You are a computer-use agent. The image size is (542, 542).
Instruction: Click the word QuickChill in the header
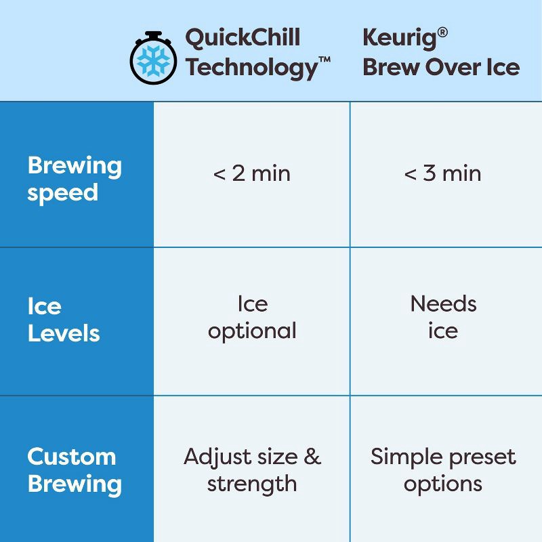tap(242, 38)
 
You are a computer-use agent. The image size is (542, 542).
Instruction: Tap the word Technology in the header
tap(250, 67)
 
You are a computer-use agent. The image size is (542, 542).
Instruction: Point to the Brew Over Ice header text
tap(441, 67)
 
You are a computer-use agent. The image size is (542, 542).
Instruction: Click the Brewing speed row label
tap(75, 179)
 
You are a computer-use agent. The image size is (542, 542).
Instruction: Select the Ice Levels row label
tap(64, 319)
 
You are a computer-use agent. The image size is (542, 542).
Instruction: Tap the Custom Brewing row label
tap(75, 470)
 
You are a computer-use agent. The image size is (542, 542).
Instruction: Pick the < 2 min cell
tap(251, 173)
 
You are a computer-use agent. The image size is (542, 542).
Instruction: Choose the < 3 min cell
tap(442, 173)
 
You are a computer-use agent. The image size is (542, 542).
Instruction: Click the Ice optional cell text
tap(252, 317)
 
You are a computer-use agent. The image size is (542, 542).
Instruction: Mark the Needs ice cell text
tap(443, 317)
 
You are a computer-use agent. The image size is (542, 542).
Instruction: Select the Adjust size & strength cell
tap(252, 470)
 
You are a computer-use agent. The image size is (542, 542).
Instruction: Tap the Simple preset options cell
tap(443, 470)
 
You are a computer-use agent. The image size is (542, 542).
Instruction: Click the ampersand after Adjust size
tap(312, 456)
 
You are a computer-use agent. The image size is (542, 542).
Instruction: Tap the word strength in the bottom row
tap(252, 484)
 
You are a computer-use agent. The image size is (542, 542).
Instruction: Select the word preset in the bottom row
tap(481, 457)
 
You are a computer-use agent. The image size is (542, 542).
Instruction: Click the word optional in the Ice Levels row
tap(252, 331)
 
